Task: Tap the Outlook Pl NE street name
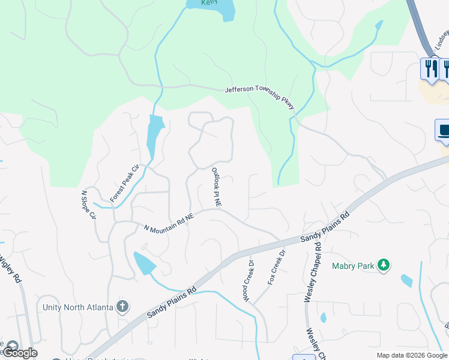[x=216, y=188]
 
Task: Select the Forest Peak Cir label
[x=124, y=182]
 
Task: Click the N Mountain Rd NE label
[x=169, y=222]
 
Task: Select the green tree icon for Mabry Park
[x=384, y=265]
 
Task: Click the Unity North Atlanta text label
[x=78, y=307]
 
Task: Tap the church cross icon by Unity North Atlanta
[x=122, y=307]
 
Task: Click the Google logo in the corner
[x=20, y=353]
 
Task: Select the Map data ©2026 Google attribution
[x=412, y=355]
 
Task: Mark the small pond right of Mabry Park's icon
[x=407, y=280]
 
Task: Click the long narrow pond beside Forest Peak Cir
[x=154, y=136]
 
